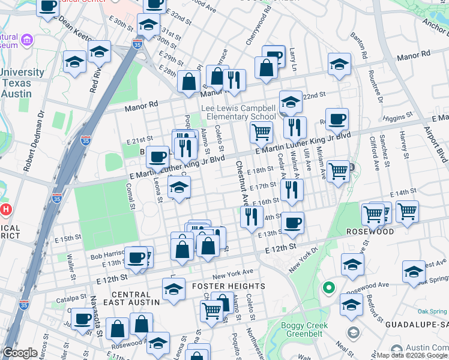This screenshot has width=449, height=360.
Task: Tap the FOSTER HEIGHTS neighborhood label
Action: pos(228,286)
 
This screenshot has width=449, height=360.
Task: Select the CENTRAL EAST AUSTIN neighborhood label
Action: pos(131,298)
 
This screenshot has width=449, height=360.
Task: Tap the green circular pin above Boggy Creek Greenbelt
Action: pos(328,287)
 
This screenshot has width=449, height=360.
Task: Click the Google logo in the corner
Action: pos(20,353)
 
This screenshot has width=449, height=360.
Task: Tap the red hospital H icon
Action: pos(6,210)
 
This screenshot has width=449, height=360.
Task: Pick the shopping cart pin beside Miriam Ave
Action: pos(339,172)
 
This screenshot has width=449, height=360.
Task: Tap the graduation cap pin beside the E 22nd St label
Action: pos(291,103)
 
